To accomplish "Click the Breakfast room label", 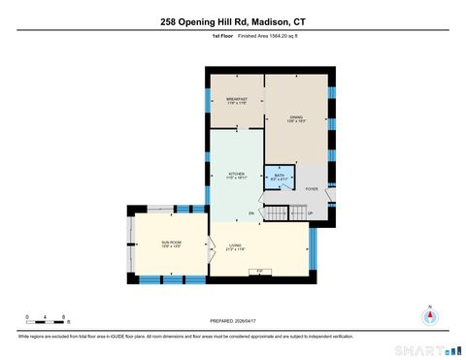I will point(237,99).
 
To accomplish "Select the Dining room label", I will point(296,119).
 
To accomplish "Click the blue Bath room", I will point(279,177).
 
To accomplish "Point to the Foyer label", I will point(312,189).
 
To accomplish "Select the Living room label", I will point(237,247).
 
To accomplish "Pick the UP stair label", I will point(310,213).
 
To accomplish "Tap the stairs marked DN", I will point(278,213).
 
